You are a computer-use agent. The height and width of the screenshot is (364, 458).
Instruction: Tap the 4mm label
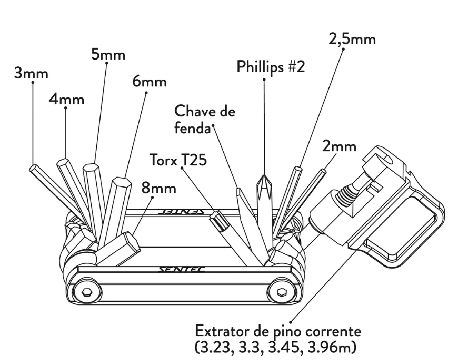click(66, 99)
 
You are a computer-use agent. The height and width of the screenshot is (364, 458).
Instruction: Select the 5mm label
click(108, 54)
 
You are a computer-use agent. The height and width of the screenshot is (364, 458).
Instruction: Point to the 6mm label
click(149, 82)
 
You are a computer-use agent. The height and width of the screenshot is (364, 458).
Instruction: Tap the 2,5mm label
click(352, 40)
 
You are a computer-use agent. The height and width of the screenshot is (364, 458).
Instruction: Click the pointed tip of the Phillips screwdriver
click(263, 176)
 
